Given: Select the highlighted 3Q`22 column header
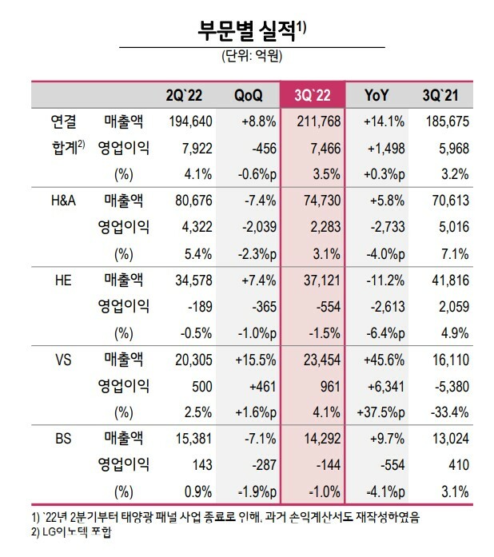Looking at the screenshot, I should [313, 95].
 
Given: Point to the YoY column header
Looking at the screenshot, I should [376, 95].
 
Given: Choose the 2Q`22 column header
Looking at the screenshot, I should [184, 95].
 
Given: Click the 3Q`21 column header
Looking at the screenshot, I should [440, 95].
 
